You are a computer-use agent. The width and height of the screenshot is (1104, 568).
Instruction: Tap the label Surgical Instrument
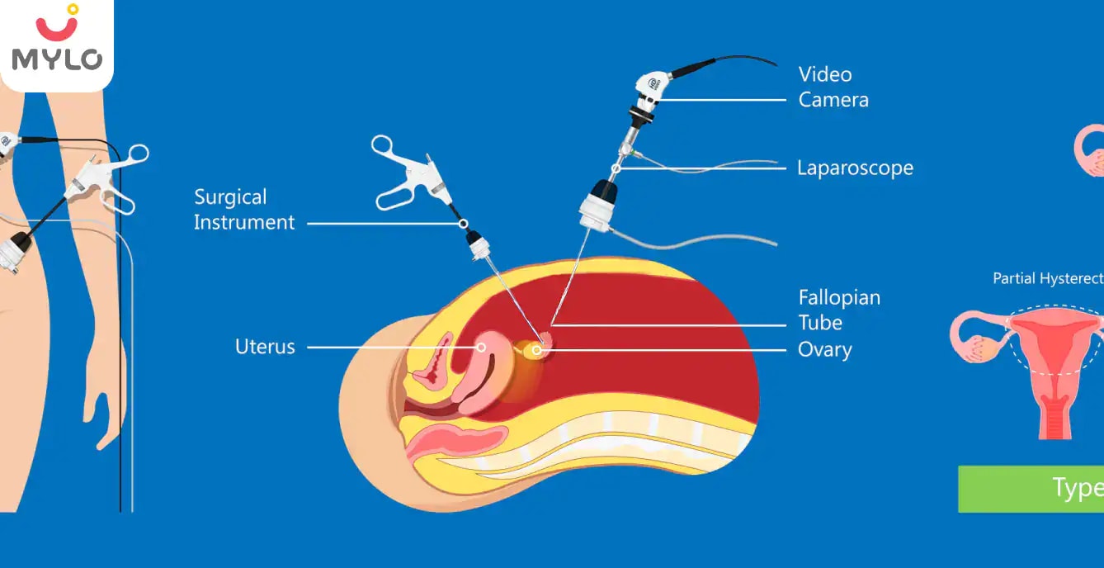point(244,210)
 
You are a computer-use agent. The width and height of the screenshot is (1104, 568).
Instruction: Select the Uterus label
point(265,347)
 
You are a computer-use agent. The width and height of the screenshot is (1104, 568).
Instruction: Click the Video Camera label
point(833,87)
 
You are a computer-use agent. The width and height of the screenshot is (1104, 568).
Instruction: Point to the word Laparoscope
point(855,168)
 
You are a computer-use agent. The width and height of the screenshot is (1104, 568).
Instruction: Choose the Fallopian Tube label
point(838,310)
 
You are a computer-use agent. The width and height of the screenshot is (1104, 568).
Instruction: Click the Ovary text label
point(824,349)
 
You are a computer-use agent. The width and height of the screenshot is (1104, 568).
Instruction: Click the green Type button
point(1031,488)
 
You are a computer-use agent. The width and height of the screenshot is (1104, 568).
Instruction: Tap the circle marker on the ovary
point(537,351)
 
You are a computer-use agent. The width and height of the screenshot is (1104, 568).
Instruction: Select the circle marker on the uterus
point(480,348)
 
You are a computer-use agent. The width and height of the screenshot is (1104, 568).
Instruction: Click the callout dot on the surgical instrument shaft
point(464,223)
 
